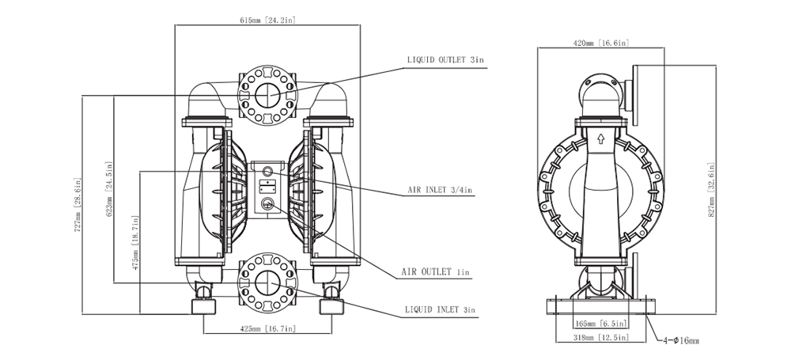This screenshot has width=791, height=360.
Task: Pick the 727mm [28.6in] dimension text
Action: (x=77, y=213)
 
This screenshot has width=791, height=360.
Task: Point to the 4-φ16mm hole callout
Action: (x=681, y=340)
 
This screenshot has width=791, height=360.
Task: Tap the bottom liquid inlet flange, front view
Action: (x=266, y=284)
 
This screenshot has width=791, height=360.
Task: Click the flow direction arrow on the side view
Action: (x=600, y=139)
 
